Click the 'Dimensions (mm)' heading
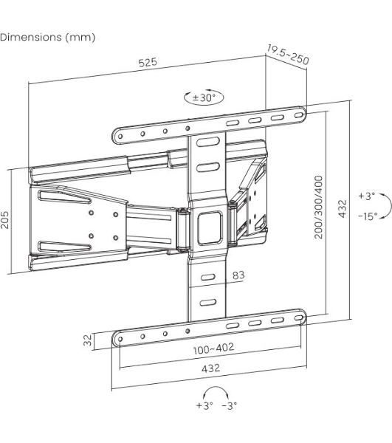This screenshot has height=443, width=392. [x=47, y=38]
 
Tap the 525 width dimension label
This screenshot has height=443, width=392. [x=148, y=62]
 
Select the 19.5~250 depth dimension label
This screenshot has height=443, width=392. [x=288, y=55]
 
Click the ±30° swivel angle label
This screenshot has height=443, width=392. [x=204, y=97]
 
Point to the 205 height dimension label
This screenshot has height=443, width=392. [x=5, y=219]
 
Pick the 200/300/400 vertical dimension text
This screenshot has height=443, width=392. [x=318, y=207]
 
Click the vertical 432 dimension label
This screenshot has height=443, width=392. [x=343, y=209]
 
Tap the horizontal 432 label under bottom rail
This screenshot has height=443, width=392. [x=210, y=368]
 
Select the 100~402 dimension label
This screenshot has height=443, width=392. [x=213, y=348]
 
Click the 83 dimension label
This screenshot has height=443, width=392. [x=238, y=275]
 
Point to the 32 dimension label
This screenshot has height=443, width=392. [x=88, y=340]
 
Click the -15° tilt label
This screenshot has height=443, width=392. [x=368, y=216]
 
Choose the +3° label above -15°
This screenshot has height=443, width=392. [x=367, y=196]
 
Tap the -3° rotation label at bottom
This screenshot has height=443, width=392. [x=230, y=405]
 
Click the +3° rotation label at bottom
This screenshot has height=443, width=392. [x=204, y=405]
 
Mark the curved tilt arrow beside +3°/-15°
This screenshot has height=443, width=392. [x=391, y=206]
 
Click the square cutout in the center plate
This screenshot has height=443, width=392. [x=210, y=228]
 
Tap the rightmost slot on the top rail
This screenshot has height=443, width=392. [x=299, y=115]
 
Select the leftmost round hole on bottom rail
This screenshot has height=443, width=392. [x=120, y=339]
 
